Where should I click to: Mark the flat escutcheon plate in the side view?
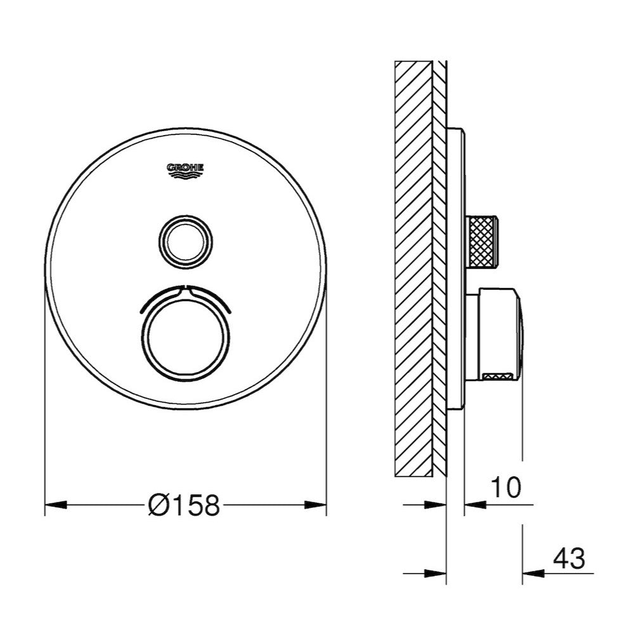click(x=457, y=266)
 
